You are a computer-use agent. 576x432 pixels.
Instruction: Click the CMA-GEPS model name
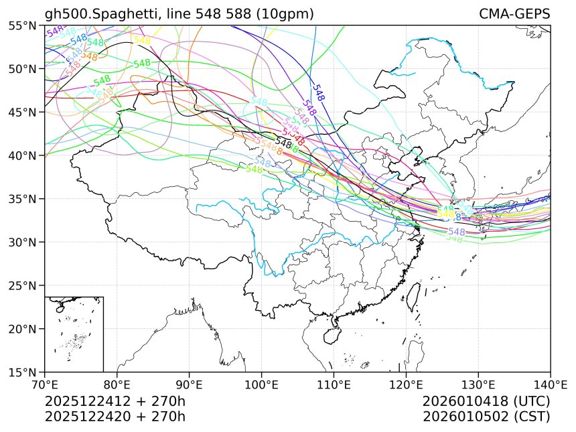[x=514, y=14]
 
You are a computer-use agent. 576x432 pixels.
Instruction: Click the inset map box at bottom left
[x=74, y=334]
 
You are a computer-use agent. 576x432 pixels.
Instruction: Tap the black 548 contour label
[x=283, y=143]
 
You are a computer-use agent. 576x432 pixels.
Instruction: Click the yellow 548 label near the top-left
[x=142, y=40]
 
